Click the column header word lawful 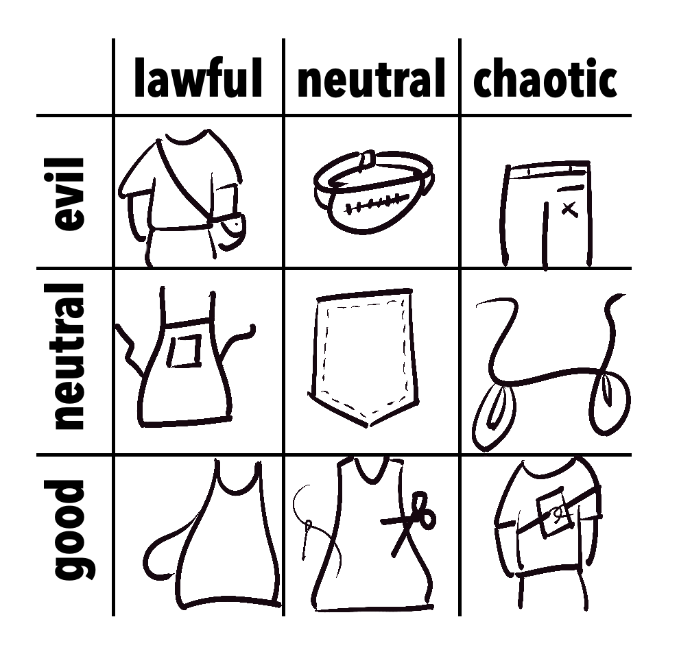[x=198, y=78]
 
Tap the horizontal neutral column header [x=372, y=79]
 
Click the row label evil [x=69, y=194]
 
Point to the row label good [x=69, y=529]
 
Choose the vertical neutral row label [x=69, y=356]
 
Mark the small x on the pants [x=569, y=208]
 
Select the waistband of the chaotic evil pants [x=548, y=170]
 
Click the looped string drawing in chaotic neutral [x=550, y=373]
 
